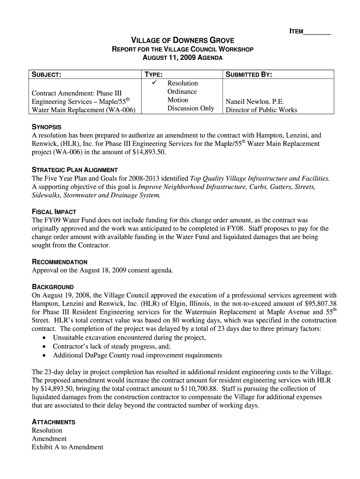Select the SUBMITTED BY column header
click(x=249, y=74)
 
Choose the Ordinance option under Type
click(x=182, y=92)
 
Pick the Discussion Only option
click(x=191, y=109)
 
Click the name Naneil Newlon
click(x=255, y=102)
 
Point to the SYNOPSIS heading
click(x=46, y=127)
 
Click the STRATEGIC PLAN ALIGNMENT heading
click(x=74, y=170)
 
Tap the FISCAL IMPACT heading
click(x=54, y=211)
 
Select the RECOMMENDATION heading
click(x=59, y=262)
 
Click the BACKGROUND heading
click(x=52, y=287)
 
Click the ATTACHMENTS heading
click(x=53, y=422)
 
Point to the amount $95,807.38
click(x=317, y=304)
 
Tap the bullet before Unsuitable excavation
click(x=44, y=338)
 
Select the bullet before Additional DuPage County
click(x=44, y=356)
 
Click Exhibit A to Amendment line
click(x=67, y=447)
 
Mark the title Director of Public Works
click(x=261, y=110)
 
